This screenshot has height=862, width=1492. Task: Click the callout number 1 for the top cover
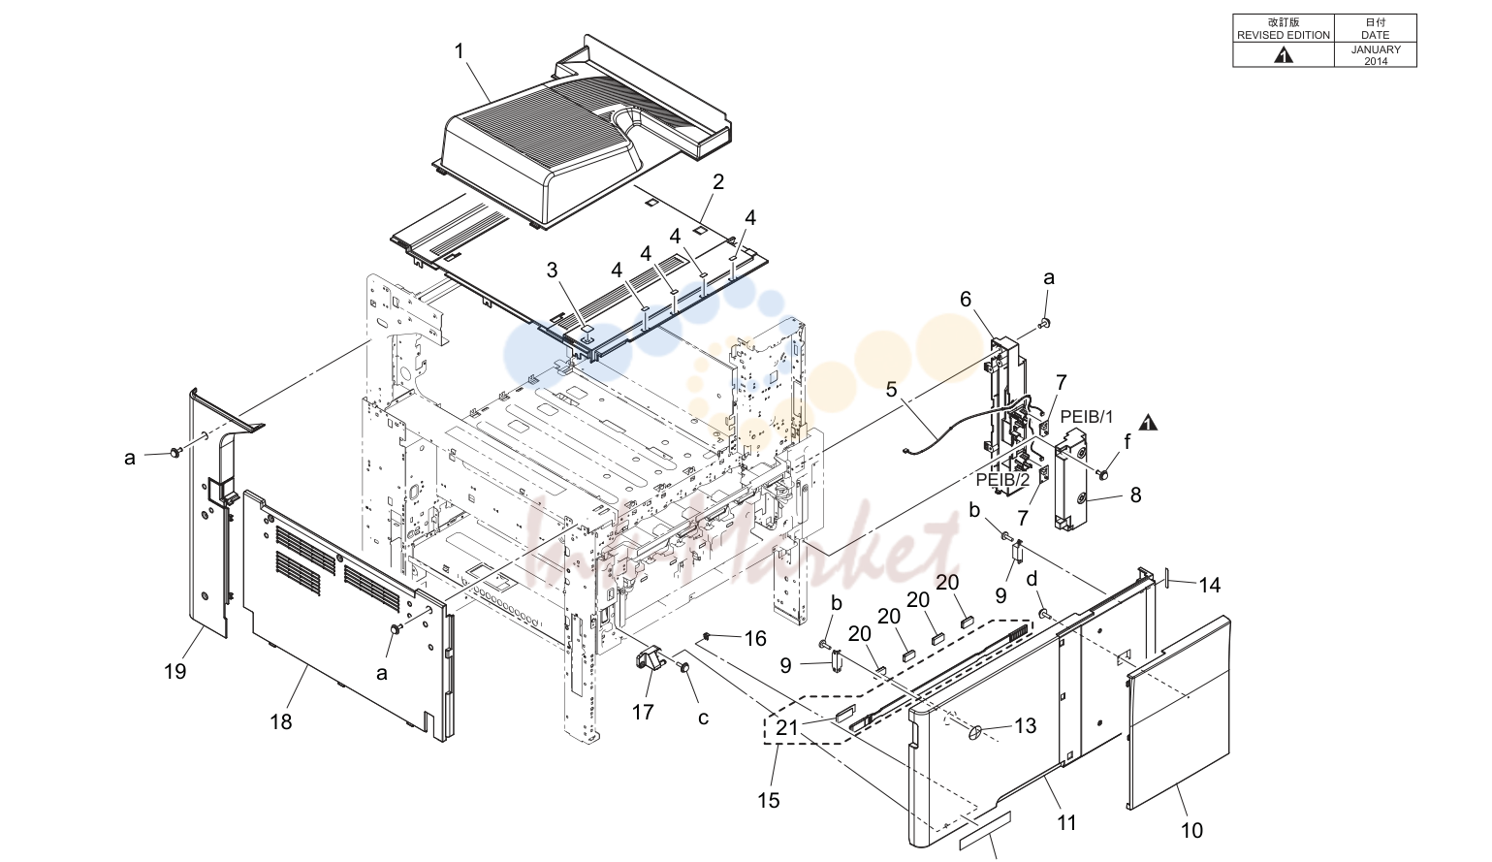point(459,51)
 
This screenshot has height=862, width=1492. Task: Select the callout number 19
point(175,672)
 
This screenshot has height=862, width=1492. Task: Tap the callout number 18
point(281,721)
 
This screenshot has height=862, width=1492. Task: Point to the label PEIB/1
point(1087,417)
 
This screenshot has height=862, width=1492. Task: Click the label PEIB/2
point(1003,479)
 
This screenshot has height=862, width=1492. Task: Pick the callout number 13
point(1025,725)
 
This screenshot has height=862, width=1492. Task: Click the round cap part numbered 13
point(975,733)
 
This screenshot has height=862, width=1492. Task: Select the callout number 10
point(1191,831)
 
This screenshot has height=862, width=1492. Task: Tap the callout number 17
point(643,712)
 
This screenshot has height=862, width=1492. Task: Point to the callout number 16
point(755,639)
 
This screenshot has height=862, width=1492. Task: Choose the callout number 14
point(1210,586)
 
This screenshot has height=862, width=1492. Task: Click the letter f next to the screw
point(1127,441)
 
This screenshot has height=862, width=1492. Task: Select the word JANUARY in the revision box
point(1376,49)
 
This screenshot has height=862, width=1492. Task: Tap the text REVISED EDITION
point(1284,35)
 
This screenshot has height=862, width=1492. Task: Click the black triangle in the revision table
point(1284,56)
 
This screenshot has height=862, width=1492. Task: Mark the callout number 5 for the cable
point(892,389)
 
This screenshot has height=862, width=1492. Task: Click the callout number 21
point(786,727)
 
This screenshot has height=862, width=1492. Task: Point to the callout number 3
point(553,271)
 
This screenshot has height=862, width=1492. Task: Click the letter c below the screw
point(704,718)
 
